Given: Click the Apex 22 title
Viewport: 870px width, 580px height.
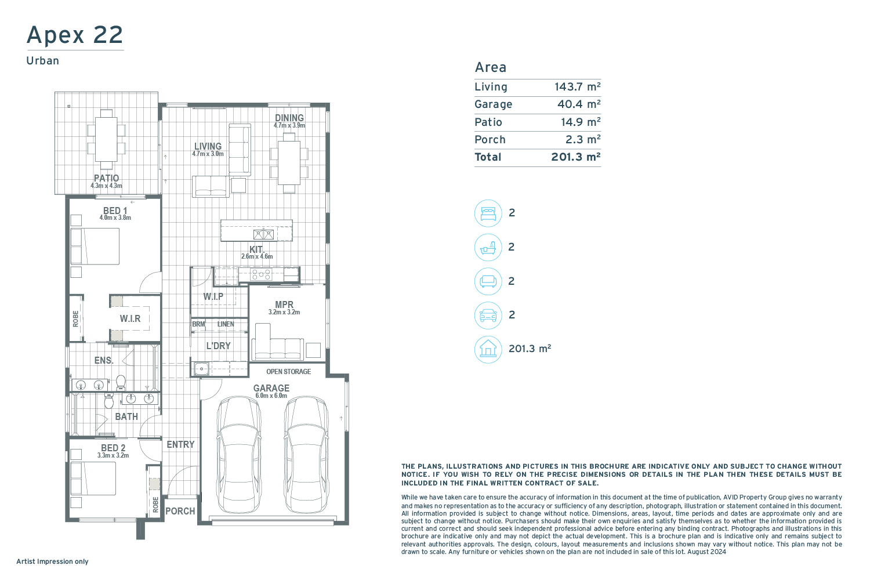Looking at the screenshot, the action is [x=75, y=35].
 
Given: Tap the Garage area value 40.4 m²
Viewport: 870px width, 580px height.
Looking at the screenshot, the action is [x=579, y=104].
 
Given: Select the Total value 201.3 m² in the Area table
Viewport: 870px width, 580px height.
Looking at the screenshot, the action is [x=576, y=157].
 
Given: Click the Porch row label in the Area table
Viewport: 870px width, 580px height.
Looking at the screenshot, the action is [x=490, y=139].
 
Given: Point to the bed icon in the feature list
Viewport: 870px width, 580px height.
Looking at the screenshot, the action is [x=488, y=213].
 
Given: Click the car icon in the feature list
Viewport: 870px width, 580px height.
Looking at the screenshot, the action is [x=488, y=315].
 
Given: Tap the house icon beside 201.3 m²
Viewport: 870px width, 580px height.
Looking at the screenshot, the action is [x=488, y=349].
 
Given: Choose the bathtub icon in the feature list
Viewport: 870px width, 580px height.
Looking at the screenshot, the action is [x=488, y=247].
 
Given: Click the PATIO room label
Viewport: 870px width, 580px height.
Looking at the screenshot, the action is [x=106, y=178].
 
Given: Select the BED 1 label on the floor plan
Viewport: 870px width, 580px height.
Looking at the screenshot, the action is [x=115, y=211].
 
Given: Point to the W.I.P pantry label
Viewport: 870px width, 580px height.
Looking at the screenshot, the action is [x=213, y=296].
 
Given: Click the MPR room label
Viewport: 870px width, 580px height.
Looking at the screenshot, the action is [x=284, y=304].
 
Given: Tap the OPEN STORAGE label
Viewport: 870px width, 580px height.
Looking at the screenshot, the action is [x=289, y=372].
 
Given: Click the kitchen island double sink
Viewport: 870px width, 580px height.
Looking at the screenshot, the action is [x=263, y=234].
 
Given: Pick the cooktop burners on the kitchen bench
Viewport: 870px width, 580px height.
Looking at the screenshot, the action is [x=262, y=275].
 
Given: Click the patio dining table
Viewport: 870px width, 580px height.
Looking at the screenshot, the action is [x=106, y=139].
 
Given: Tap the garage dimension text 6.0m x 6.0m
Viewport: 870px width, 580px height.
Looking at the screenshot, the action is [x=271, y=396].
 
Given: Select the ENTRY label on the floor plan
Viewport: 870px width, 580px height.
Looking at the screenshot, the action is [x=180, y=444].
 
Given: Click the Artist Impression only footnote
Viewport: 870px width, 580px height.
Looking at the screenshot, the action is [x=52, y=561].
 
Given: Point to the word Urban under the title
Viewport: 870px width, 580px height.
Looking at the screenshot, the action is [x=43, y=61].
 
